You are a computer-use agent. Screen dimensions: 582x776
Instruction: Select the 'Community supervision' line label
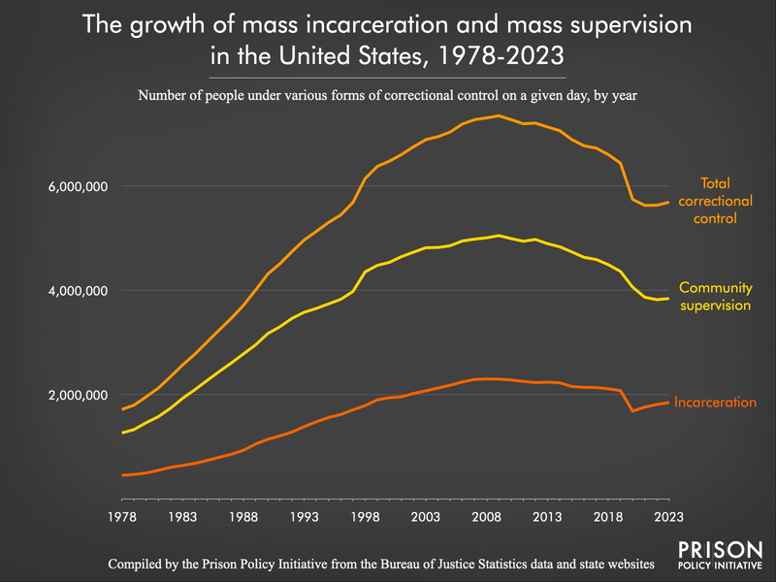(x=716, y=297)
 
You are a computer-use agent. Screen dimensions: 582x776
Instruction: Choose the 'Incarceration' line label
(x=715, y=402)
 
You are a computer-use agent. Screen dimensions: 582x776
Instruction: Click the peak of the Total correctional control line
(x=498, y=115)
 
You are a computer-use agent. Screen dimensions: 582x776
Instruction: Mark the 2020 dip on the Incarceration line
(x=632, y=411)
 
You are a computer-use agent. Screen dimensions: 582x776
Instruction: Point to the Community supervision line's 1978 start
(x=122, y=433)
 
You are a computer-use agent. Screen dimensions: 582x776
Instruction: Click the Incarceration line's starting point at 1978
(x=122, y=475)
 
